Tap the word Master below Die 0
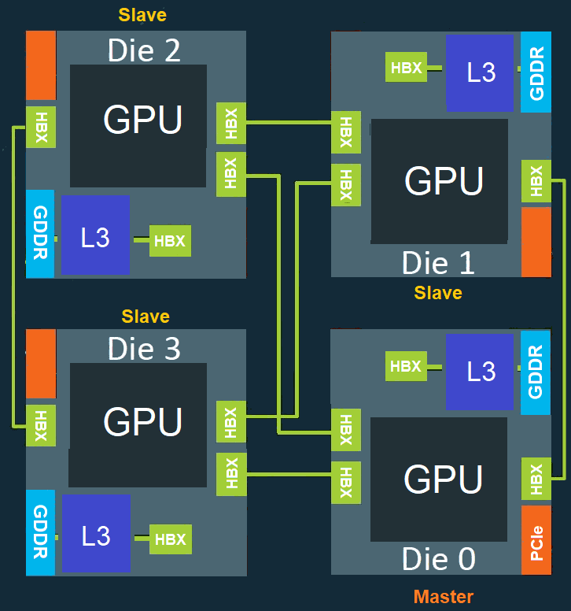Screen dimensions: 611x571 pos(444,597)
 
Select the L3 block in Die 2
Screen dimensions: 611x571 pos(95,236)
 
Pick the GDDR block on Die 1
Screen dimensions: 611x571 pos(536,72)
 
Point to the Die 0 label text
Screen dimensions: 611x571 pos(438,559)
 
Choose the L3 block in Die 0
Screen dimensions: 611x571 pos(481,371)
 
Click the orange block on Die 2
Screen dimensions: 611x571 pos(41,65)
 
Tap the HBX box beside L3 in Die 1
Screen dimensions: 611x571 pos(406,68)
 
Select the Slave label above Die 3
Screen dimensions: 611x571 pos(146,317)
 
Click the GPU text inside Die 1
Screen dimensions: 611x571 pos(444,180)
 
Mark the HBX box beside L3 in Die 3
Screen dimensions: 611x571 pos(171,539)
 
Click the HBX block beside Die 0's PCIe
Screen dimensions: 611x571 pos(536,480)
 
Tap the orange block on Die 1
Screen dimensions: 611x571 pos(536,242)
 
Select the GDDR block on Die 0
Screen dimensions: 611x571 pos(536,372)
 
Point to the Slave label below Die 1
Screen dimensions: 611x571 pos(438,293)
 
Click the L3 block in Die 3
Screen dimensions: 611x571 pos(96,535)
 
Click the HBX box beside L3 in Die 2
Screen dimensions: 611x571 pos(170,241)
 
